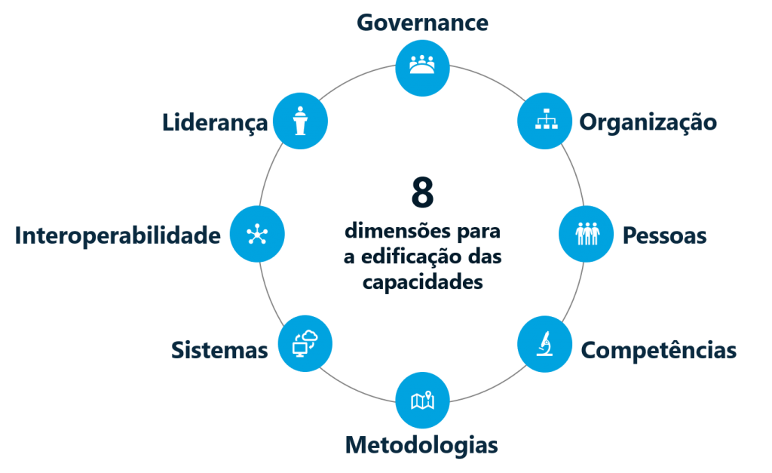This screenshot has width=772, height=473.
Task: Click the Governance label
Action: pos(422,23)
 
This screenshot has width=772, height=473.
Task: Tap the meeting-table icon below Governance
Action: pos(422,66)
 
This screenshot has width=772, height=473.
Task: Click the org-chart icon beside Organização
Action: pos(544,120)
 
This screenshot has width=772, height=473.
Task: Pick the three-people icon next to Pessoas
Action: pos(586,234)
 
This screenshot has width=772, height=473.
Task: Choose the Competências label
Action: pos(658,350)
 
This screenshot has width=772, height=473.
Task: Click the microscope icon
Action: pos(544,344)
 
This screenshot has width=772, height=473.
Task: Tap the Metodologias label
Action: pos(421,444)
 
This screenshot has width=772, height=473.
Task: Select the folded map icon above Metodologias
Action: pos(422,400)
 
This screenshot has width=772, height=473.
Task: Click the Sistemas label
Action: pos(219,349)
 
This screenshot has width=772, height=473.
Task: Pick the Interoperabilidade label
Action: pos(118,235)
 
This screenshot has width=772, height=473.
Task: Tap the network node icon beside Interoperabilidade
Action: pos(256,234)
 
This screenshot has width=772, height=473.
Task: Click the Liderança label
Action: pos(215,122)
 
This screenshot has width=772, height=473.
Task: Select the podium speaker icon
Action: pos(300,121)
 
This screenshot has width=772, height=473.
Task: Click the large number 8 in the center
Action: pos(422,193)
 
